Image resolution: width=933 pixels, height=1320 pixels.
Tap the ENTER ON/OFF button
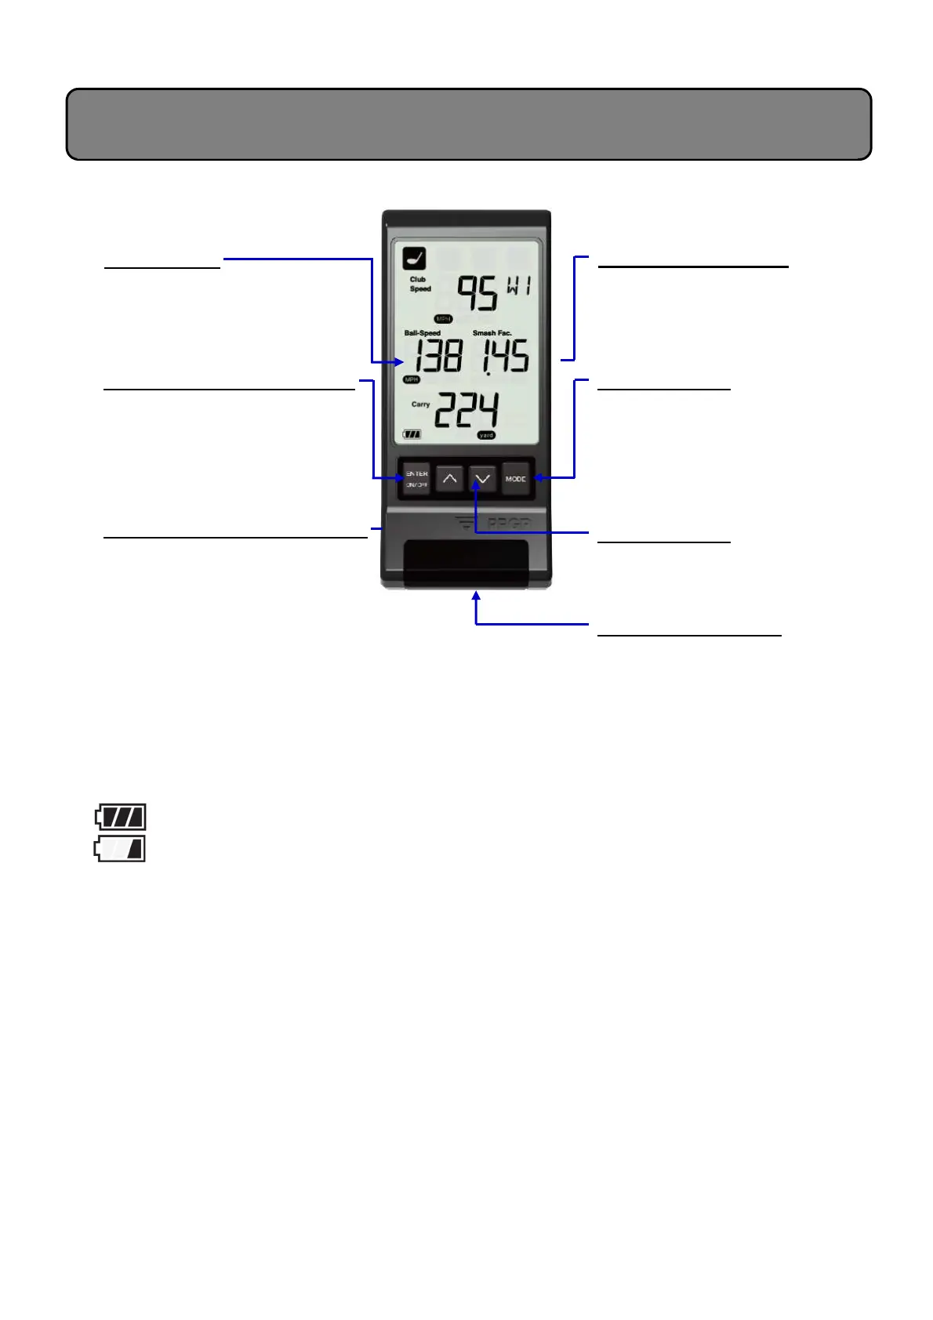[x=416, y=479]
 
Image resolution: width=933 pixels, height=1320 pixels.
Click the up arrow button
[x=449, y=478]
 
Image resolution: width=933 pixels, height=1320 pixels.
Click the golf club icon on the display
[x=414, y=259]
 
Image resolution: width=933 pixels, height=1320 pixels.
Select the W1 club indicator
[x=518, y=286]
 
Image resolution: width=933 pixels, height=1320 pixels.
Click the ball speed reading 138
[x=438, y=357]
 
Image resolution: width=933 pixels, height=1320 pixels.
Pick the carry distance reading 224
[x=466, y=409]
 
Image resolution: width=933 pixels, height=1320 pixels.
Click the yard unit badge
[x=486, y=435]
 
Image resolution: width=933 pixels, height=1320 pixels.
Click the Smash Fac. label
[x=492, y=333]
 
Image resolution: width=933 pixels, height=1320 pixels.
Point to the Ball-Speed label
[x=422, y=333]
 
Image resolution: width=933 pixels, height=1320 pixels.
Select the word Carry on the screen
[x=420, y=404]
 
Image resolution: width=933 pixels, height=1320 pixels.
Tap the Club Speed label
[x=419, y=284]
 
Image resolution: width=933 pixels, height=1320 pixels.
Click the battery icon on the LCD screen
[x=412, y=434]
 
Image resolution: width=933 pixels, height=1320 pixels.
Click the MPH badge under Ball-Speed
[x=412, y=379]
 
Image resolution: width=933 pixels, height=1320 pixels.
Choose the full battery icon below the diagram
[x=120, y=818]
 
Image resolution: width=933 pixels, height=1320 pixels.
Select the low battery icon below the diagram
[x=120, y=849]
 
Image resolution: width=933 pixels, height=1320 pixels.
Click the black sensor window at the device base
[x=466, y=564]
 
